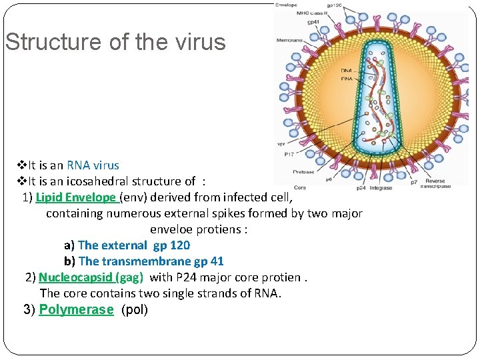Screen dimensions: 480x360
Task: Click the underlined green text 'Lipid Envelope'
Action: point(77,197)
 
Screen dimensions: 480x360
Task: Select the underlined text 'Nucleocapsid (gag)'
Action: point(91,277)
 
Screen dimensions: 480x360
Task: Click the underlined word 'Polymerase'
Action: point(76,309)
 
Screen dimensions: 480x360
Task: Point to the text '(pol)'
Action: point(135,309)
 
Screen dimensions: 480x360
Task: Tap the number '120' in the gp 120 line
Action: point(180,245)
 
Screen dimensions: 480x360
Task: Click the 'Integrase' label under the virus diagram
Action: point(381,189)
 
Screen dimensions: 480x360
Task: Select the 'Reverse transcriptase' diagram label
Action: point(435,183)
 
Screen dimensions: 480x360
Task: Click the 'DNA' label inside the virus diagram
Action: point(346,70)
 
